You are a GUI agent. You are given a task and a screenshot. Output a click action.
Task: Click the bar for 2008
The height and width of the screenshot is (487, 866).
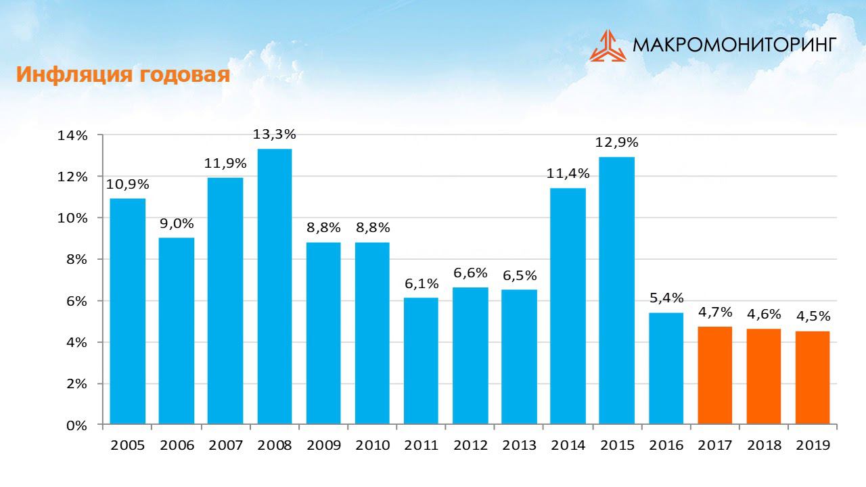coord(275,287)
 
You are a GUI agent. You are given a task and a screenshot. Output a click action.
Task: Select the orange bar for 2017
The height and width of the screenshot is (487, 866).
coord(715,375)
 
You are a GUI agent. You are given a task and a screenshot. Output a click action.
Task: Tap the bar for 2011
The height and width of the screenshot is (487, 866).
coord(421,361)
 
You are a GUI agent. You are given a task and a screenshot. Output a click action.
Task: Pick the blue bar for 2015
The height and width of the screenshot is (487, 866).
coord(617,291)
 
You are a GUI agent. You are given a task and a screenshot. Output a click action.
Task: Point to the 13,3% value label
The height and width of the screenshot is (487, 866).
coord(275,135)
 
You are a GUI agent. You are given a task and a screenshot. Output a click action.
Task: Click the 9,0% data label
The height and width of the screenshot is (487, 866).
coord(177,224)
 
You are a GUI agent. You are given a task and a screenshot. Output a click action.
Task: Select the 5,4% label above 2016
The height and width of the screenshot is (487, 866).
coord(666,298)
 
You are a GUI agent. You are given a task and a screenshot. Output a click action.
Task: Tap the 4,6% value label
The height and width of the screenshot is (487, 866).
coord(764,315)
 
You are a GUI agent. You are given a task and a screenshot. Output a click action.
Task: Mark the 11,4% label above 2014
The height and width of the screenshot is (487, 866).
coord(568,174)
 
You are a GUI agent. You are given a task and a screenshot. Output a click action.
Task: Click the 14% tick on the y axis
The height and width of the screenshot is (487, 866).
coord(72,135)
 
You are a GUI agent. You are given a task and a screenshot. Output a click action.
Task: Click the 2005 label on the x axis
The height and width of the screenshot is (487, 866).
coord(128,445)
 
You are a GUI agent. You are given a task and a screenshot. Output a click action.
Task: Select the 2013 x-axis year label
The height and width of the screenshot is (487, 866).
coord(519,445)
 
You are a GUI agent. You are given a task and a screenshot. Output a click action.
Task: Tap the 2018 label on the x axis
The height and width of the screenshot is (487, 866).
coord(764,445)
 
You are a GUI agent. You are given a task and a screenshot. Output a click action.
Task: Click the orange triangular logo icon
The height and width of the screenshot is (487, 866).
coord(608,46)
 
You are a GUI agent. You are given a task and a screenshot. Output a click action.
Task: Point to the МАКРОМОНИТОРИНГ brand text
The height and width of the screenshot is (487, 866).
coord(735,45)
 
